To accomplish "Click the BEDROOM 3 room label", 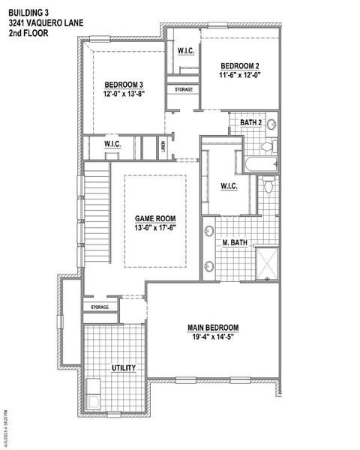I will coord(124,84).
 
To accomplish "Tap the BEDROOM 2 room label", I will coord(239,65).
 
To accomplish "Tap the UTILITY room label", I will coord(123,367).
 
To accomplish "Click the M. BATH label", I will coord(235,242).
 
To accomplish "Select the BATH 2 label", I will coord(250,122).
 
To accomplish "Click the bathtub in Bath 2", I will coord(256,163).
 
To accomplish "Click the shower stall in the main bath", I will coord(267,263).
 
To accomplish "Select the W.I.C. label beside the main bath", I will coord(229,185).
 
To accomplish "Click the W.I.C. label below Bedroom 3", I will coord(113,144).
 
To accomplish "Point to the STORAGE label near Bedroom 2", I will coord(184,90).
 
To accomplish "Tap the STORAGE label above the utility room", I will coord(100,307).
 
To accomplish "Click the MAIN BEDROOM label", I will coord(213,328).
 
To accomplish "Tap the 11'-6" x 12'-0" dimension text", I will coord(239,75).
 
